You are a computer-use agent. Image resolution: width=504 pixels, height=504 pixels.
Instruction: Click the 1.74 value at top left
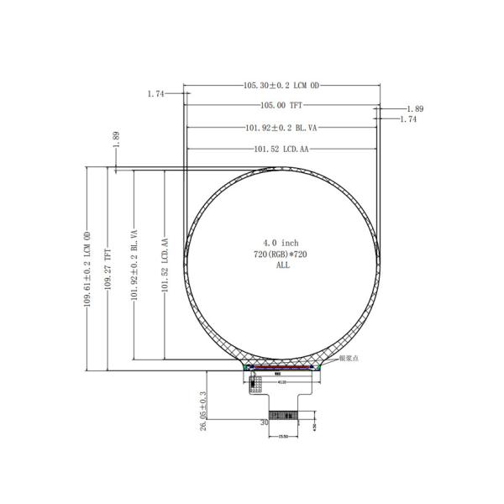tap(155, 94)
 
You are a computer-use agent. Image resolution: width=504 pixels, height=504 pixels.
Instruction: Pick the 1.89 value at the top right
tap(414, 109)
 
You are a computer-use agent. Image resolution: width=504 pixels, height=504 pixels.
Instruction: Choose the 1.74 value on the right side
tap(408, 120)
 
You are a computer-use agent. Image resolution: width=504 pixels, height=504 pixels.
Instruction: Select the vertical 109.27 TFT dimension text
tap(107, 268)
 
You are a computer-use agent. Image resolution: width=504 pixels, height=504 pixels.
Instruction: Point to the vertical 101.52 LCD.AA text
tap(165, 266)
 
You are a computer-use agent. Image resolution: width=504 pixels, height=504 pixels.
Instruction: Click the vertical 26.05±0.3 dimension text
tap(203, 410)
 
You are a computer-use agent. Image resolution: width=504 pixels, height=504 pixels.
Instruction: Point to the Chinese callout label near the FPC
tap(350, 359)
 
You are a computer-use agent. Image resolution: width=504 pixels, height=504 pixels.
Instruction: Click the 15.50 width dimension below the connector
tap(283, 437)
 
